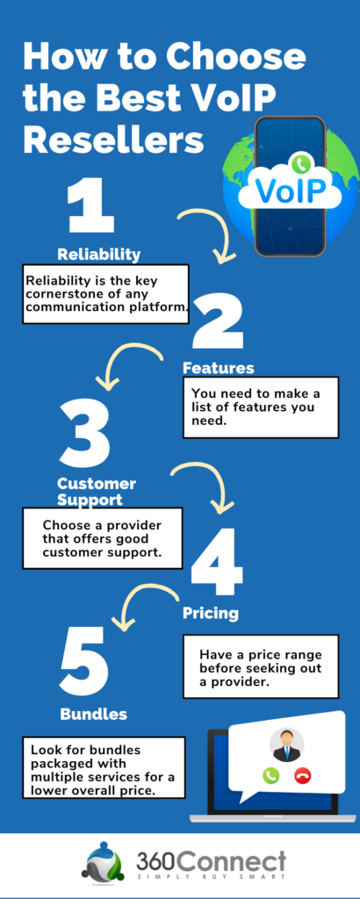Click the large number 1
90,208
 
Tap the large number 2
218,323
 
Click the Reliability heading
98,255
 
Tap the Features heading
218,368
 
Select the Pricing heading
210,612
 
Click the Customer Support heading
97,492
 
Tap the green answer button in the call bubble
270,775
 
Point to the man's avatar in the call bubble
287,744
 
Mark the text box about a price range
259,667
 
